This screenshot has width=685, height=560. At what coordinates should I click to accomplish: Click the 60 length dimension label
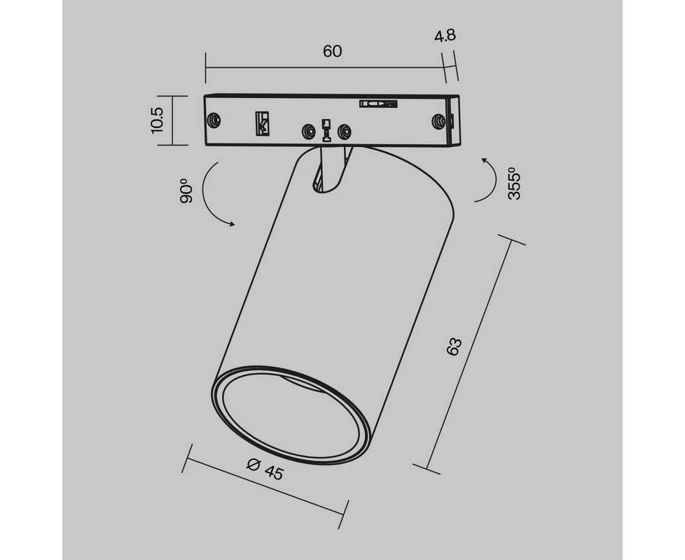click(x=333, y=51)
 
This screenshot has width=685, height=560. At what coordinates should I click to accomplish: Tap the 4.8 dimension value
click(x=445, y=36)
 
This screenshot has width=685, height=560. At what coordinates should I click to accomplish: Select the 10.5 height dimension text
click(x=158, y=121)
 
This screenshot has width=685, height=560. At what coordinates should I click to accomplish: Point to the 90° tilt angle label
click(x=186, y=191)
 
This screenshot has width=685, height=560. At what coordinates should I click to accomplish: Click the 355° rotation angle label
click(x=515, y=184)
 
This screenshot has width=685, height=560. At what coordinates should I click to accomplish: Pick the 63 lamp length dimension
click(x=455, y=346)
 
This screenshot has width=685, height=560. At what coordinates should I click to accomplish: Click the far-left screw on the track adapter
click(x=213, y=120)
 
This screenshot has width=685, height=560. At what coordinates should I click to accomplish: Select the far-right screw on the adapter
click(x=438, y=121)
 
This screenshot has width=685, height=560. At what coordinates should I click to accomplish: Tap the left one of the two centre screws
click(x=308, y=131)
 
